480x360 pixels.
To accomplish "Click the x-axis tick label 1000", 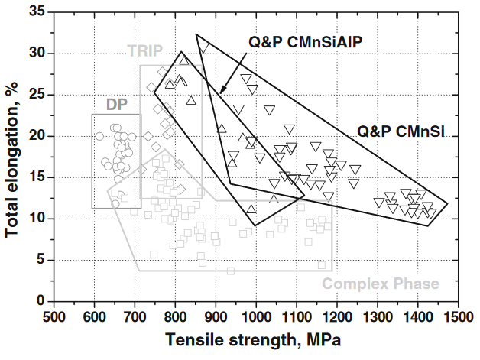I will (256, 316).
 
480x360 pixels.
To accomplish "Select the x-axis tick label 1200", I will (336, 316).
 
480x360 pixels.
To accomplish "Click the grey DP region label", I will (115, 103).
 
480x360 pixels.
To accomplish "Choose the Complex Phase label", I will (381, 284).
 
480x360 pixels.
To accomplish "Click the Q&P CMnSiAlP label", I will (305, 42).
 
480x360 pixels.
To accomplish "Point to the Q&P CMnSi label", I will (399, 131).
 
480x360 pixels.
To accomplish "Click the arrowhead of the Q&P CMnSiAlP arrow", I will (221, 93).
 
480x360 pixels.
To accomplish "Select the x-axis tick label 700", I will (135, 316).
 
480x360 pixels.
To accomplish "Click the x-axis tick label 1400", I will (417, 316).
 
